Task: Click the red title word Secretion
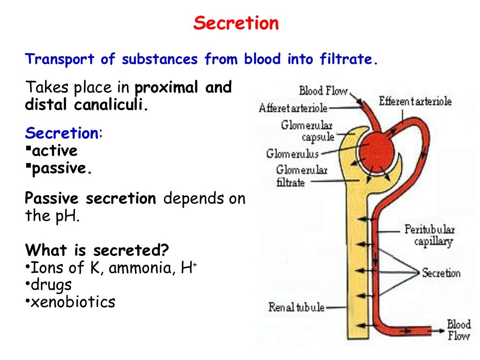(236, 23)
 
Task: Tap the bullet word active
(54, 151)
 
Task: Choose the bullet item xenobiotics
(72, 302)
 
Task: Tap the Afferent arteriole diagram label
(293, 108)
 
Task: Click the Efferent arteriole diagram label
(415, 101)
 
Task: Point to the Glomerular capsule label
(307, 131)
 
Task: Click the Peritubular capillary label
(429, 236)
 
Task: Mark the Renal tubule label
(296, 307)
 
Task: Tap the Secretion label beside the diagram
(441, 273)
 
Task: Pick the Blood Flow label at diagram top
(323, 90)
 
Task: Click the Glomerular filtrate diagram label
(301, 176)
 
